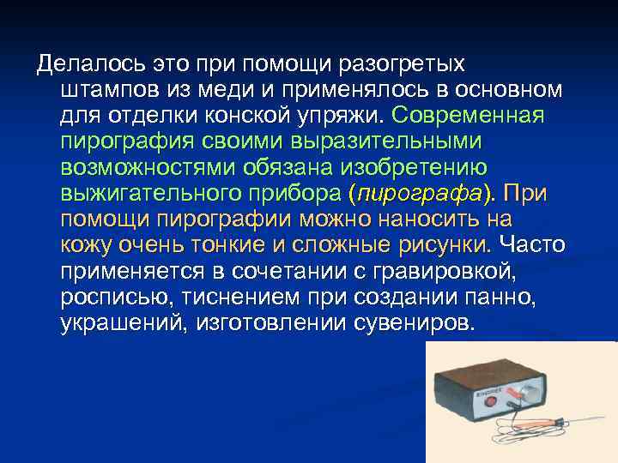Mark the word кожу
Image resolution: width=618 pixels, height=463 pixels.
[85, 245]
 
